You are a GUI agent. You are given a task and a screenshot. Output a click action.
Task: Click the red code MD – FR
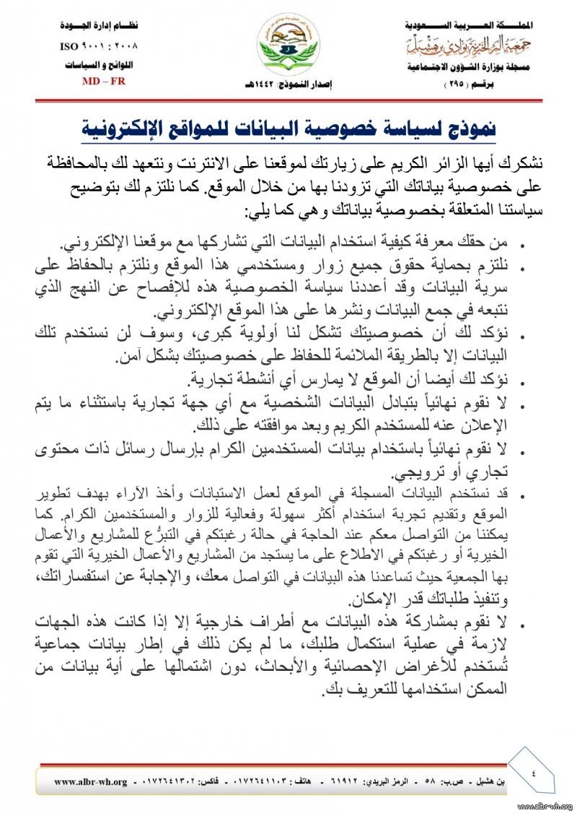104,81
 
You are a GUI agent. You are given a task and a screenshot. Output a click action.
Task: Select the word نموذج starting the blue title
467,129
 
